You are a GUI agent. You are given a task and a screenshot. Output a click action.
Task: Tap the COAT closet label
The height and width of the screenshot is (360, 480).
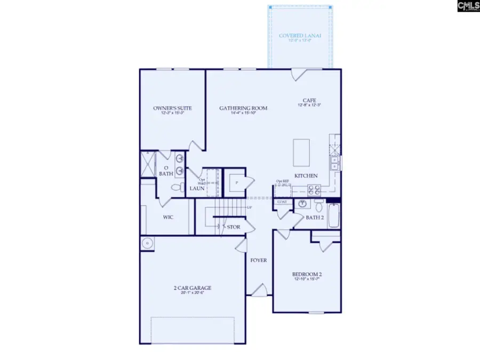click(x=282, y=202)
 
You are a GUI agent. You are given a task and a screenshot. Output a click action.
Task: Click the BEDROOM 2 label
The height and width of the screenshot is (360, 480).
click(x=307, y=275)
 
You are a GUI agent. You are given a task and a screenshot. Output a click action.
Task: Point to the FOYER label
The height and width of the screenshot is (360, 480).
click(x=259, y=260)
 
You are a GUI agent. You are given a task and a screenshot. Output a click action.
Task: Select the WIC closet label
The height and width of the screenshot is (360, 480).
click(x=168, y=217)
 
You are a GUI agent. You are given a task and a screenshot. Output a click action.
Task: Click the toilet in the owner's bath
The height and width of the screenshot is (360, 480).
click(x=177, y=187)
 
